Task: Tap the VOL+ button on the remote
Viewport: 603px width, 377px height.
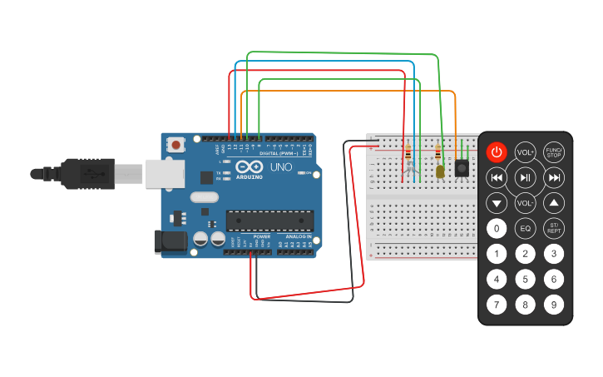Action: [525, 152]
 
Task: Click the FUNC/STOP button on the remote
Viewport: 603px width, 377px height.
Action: [554, 152]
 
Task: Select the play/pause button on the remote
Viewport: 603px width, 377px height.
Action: [525, 177]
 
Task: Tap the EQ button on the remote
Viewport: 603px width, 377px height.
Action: [525, 228]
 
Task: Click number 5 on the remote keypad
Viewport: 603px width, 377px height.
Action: [525, 279]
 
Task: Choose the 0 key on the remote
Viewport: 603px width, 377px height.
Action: [497, 228]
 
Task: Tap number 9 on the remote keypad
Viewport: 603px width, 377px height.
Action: [554, 305]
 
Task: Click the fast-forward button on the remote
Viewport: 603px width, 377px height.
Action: [554, 177]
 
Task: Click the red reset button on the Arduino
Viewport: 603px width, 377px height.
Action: [175, 145]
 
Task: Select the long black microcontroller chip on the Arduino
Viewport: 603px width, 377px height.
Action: [270, 221]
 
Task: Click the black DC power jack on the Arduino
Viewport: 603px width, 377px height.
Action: [170, 241]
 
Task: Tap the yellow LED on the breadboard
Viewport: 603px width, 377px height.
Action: [439, 171]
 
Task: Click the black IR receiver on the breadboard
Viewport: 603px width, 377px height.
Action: [460, 169]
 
